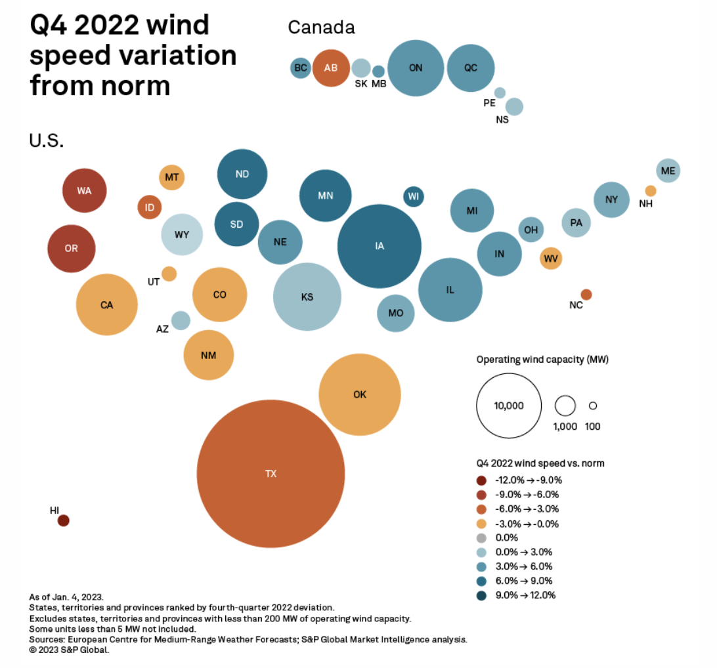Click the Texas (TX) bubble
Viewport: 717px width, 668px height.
(271, 474)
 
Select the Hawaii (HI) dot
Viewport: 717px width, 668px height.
(64, 520)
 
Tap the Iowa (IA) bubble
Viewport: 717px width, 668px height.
(380, 246)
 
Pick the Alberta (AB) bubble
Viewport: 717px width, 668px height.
(331, 68)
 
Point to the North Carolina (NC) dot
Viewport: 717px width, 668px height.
(586, 295)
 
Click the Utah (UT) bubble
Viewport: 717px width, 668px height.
(169, 274)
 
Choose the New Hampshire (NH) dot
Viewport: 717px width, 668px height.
(650, 191)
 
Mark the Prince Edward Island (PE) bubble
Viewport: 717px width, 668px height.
(500, 93)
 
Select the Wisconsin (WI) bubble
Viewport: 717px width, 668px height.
(413, 196)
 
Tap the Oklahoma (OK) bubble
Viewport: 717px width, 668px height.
(360, 394)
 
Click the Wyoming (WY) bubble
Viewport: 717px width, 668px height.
(182, 234)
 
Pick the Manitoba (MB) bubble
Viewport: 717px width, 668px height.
(378, 72)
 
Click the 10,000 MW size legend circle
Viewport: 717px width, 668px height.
(509, 406)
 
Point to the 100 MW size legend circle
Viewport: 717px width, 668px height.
(592, 406)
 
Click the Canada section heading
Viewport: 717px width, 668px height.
(321, 28)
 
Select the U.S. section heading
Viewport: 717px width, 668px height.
(46, 141)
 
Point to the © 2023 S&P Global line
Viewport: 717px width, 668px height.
(69, 650)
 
